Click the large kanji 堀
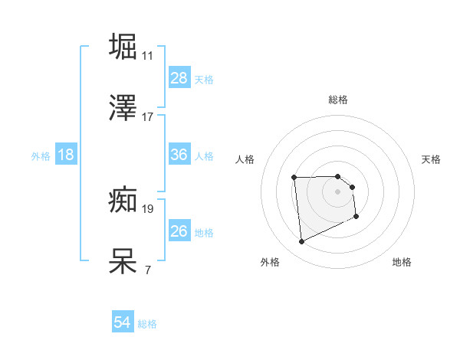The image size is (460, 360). pos(124,46)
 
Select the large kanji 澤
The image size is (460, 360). pos(124,108)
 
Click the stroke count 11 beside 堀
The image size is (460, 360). pos(147,56)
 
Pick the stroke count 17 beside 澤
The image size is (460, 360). pos(147,117)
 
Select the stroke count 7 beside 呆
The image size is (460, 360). pos(147,270)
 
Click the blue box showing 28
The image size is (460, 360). pos(179,78)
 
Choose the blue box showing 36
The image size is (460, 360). pos(179,155)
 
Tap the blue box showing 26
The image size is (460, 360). pos(179,231)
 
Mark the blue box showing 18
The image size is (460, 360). pos(66,155)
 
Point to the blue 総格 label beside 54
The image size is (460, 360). pos(147,324)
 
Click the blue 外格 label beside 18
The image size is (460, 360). pos(41,155)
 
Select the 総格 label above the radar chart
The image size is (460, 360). pos(337,100)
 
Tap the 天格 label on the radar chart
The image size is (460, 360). pos(431,159)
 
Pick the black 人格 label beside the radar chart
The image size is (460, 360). pos(245,159)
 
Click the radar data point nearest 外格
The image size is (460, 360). pos(301,242)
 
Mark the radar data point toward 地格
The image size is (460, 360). pos(356,218)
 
